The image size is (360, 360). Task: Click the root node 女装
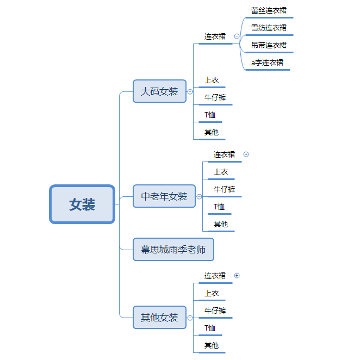[x=82, y=204]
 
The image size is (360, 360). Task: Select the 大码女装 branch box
[x=159, y=91]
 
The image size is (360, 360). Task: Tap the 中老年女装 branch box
[x=164, y=196]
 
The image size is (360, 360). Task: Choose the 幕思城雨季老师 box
[x=173, y=250]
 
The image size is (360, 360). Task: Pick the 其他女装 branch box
[x=159, y=318]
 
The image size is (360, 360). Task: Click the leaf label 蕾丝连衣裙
[x=269, y=10]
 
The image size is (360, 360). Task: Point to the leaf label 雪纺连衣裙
[x=269, y=28]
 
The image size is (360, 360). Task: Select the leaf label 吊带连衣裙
[x=269, y=45]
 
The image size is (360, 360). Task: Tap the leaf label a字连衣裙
[x=267, y=63]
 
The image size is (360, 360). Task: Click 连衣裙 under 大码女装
[x=215, y=36]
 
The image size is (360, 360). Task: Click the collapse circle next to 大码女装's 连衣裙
[x=237, y=36]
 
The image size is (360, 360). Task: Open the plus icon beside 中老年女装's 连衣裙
[x=246, y=154]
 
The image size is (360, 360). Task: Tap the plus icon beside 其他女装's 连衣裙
[x=237, y=276]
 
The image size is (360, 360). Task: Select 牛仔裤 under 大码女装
[x=215, y=98]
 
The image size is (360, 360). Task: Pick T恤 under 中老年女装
[x=219, y=207]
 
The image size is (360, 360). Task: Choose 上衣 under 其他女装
[x=212, y=293]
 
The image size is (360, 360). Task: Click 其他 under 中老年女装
[x=221, y=224]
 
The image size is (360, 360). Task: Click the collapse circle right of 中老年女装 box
[x=199, y=196]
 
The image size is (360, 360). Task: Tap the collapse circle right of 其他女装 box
[x=190, y=318]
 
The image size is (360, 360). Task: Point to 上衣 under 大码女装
[x=212, y=80]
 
